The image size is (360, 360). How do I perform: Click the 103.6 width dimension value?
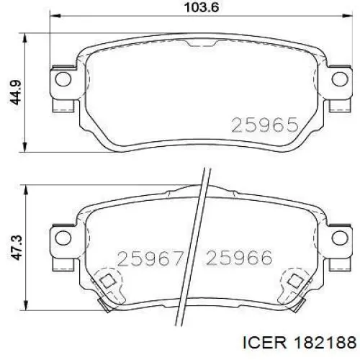tap(201, 7)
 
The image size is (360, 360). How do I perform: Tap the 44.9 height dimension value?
tap(16, 93)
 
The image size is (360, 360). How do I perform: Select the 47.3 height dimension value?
tap(17, 248)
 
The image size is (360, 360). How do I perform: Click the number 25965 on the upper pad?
tap(265, 125)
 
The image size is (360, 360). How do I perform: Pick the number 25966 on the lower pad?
tap(239, 258)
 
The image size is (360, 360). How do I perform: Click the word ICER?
tap(265, 343)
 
